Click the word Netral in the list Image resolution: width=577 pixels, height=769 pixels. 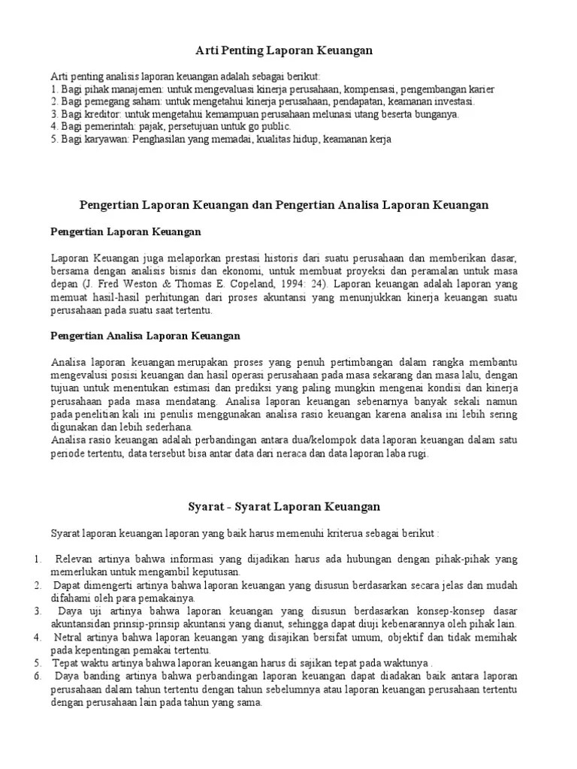[x=71, y=637]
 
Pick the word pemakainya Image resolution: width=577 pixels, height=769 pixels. [x=171, y=598]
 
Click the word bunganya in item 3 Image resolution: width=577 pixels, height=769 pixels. [x=437, y=114]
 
